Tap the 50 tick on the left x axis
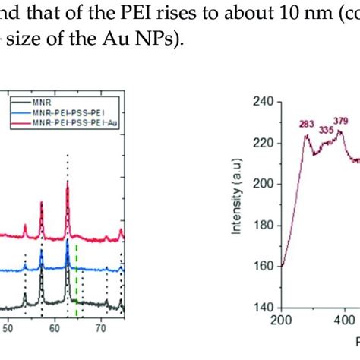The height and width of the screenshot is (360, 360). point(8,330)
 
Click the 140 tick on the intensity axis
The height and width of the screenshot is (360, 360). point(263,308)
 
